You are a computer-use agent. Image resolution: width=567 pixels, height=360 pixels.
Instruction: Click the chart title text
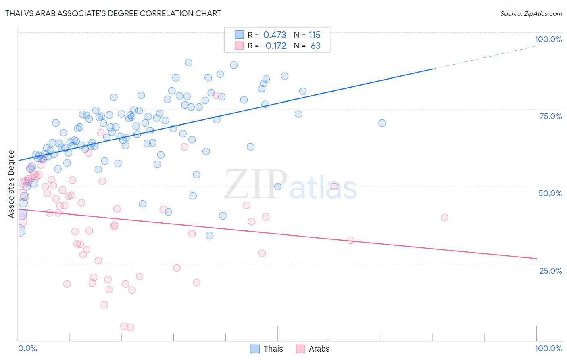(x=113, y=13)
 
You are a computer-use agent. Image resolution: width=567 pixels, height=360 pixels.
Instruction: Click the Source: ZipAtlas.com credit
(x=531, y=14)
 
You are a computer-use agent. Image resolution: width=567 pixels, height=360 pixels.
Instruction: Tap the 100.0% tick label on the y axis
(x=548, y=39)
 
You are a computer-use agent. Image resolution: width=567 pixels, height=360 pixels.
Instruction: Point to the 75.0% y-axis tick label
(x=550, y=116)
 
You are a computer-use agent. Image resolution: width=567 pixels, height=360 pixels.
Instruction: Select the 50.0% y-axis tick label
(x=550, y=193)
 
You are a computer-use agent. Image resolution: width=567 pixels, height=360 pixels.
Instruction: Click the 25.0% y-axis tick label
(x=550, y=271)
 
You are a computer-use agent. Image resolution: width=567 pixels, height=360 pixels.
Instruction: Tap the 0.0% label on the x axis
(x=27, y=348)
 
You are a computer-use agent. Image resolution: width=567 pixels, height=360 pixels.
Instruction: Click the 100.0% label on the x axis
(x=548, y=348)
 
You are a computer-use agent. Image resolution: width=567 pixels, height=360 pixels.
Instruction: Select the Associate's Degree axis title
(x=11, y=184)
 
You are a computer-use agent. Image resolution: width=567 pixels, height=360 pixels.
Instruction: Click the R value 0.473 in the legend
(x=275, y=35)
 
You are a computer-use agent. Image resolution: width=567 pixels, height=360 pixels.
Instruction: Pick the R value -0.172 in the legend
(x=274, y=46)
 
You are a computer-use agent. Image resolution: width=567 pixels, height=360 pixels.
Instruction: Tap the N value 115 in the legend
(x=315, y=35)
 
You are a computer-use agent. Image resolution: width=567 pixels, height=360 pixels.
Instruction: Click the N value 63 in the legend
(x=315, y=46)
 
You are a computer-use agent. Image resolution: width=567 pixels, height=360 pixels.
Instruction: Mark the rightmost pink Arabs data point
(x=444, y=217)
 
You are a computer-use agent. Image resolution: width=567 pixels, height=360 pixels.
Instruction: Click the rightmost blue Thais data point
(x=382, y=123)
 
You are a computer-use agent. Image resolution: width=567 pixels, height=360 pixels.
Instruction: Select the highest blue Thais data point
(x=188, y=63)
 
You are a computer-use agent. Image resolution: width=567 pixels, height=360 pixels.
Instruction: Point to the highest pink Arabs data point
(x=216, y=96)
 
